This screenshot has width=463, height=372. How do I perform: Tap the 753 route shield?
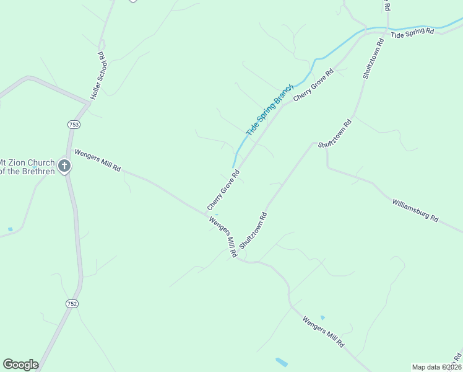pyautogui.click(x=74, y=125)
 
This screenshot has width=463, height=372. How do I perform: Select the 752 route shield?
pyautogui.click(x=72, y=303)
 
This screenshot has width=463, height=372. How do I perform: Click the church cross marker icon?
pyautogui.click(x=64, y=166)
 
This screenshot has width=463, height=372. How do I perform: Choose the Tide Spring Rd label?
pyautogui.click(x=413, y=33)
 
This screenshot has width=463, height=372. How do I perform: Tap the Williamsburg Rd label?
pyautogui.click(x=415, y=210)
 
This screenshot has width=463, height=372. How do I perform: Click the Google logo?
pyautogui.click(x=20, y=365)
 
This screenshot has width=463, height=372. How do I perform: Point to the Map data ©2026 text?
pyautogui.click(x=436, y=367)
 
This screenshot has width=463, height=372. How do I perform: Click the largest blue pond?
pyautogui.click(x=282, y=361)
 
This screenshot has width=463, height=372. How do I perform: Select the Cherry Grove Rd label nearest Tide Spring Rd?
pyautogui.click(x=313, y=86)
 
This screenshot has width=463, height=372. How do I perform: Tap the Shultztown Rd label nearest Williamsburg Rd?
pyautogui.click(x=335, y=133)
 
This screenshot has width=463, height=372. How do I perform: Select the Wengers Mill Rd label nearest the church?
pyautogui.click(x=97, y=160)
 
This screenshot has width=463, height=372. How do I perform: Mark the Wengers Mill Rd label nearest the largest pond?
pyautogui.click(x=322, y=332)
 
